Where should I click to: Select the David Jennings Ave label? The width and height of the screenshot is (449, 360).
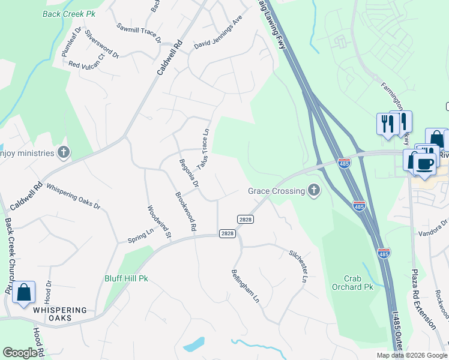coord(217,37)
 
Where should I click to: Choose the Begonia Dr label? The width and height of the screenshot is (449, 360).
coord(188,173)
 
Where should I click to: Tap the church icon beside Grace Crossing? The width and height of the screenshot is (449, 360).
coord(313,191)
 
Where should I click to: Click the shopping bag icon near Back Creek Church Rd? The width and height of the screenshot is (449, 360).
coord(23,292)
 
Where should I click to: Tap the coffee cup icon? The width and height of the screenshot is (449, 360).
coord(425,163)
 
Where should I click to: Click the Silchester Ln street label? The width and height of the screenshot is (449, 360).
coord(298,267)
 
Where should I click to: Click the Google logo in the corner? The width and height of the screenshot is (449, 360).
coord(20,353)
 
